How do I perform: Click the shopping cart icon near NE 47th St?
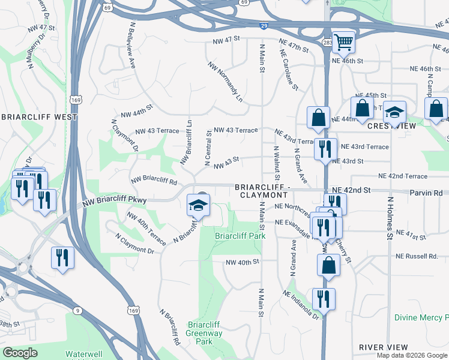click(x=343, y=42)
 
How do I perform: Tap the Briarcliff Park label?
click(x=240, y=236)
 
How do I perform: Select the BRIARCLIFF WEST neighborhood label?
click(x=39, y=117)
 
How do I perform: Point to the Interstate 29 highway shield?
click(x=264, y=26)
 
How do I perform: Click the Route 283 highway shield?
click(x=327, y=43)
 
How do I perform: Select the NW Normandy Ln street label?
click(x=226, y=81)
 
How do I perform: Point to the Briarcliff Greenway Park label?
click(x=204, y=332)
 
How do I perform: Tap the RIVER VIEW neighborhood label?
click(x=383, y=347)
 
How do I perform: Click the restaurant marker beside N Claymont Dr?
click(x=62, y=259)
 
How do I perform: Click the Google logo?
click(x=20, y=353)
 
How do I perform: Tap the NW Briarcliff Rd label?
click(x=154, y=180)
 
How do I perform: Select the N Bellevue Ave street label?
click(x=133, y=45)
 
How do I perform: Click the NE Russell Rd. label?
click(x=417, y=256)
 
